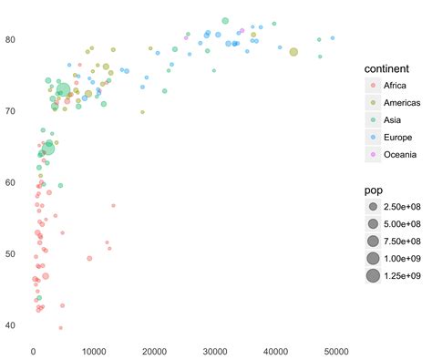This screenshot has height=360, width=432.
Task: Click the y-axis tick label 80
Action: (11, 39)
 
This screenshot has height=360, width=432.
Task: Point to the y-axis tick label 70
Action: (11, 111)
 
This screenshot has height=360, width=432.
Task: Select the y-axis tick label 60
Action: (11, 182)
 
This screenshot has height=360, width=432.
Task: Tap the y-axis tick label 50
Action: (11, 253)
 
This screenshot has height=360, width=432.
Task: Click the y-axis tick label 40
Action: (11, 325)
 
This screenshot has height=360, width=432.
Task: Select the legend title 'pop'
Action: (374, 191)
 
